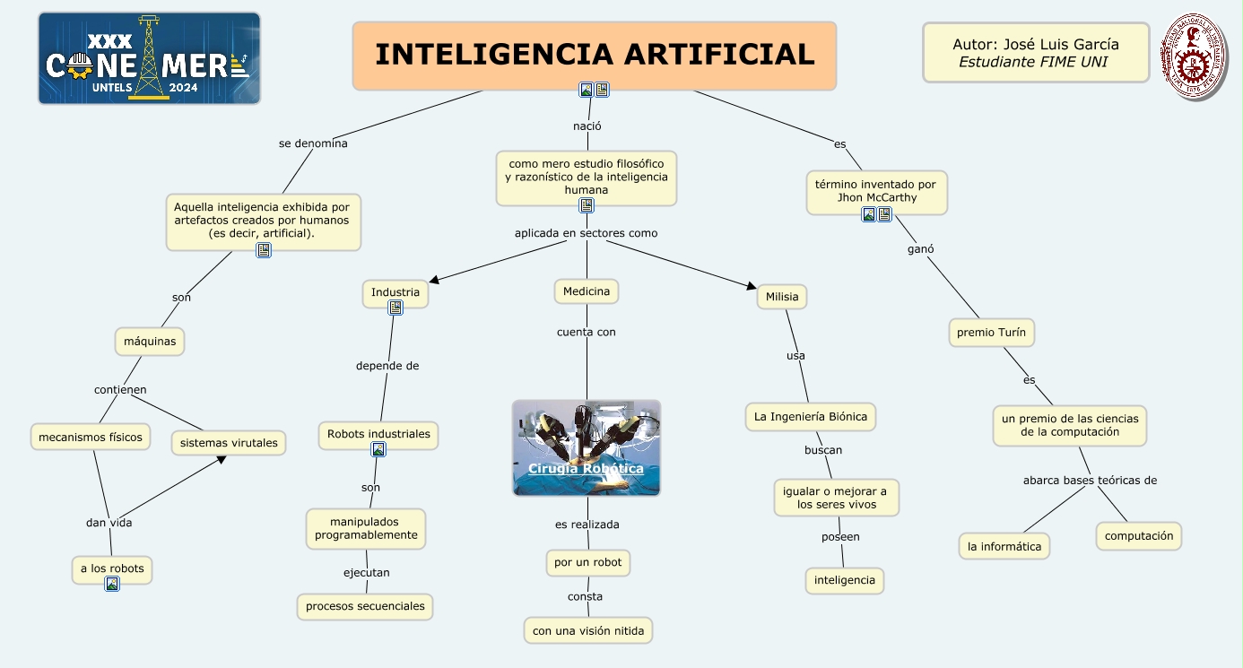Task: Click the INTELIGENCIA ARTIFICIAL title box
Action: pos(594,55)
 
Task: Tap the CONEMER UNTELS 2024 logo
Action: pos(149,58)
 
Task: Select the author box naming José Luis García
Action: pos(1035,52)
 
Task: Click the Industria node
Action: pos(395,292)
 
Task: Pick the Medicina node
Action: pos(587,291)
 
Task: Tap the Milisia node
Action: pos(782,297)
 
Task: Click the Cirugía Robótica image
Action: pos(587,447)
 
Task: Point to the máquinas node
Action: pos(150,341)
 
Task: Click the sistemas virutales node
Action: pos(229,443)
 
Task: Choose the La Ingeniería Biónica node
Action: pos(811,416)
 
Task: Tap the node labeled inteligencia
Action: pos(844,580)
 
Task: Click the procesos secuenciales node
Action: pos(365,606)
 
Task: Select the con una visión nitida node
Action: pos(588,630)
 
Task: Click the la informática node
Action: pos(1004,546)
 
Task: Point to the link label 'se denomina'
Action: pos(313,143)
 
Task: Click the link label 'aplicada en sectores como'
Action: pos(586,233)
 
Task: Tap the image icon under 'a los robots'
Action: pos(112,584)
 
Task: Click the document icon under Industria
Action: pos(395,308)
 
